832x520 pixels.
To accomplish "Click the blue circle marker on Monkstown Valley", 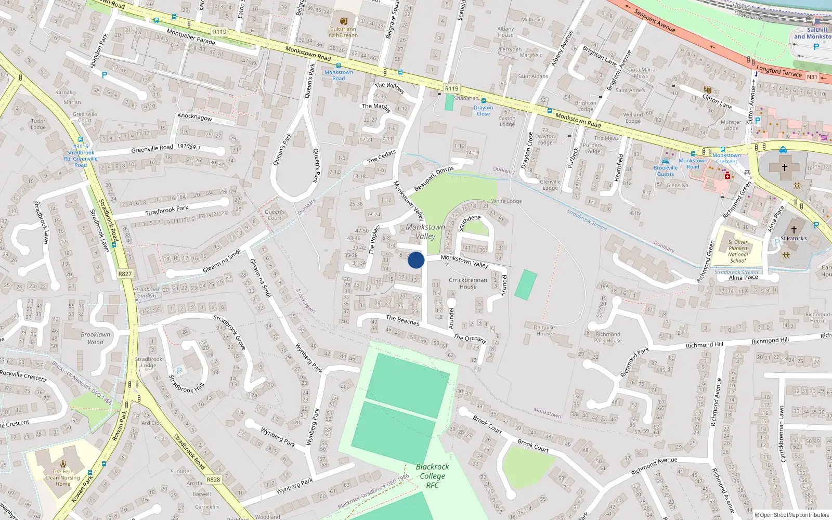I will pos(416,260).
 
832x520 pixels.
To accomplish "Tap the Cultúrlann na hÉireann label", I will pos(343,32).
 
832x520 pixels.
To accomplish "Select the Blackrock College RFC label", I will pos(432,476).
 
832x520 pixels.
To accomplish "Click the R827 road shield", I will pos(125,274).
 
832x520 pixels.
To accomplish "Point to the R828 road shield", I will pos(213,479).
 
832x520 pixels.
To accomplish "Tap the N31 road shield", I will pos(812,77).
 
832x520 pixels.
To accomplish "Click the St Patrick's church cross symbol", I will pos(794,229).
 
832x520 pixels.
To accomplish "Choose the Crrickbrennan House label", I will pos(468,283).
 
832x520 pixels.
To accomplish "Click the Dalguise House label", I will pos(544,331).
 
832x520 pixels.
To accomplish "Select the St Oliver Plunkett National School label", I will pos(738,251).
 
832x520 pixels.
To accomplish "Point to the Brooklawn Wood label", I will pos(96,338).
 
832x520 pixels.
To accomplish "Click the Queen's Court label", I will pos(275,215).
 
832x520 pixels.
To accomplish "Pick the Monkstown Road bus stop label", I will pos(339,75).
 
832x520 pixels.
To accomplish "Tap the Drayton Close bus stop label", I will pos(483,111).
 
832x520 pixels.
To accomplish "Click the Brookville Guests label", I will pos(666,171).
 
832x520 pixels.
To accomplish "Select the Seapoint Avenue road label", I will pos(655,21).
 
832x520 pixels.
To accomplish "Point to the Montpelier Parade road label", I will pos(191,37).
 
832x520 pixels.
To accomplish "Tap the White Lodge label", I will pos(506,201).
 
